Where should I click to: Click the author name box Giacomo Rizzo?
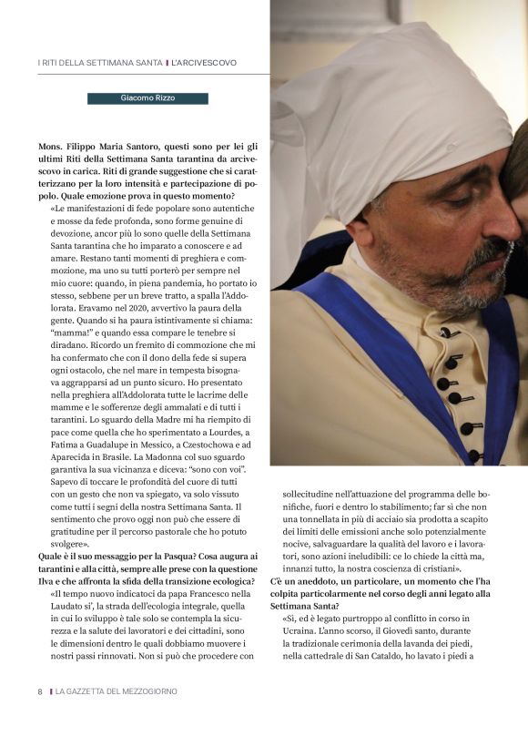[x=147, y=98]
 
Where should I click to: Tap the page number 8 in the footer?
[x=40, y=691]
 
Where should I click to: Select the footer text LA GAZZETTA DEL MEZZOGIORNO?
[x=116, y=691]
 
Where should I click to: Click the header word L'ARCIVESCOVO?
[x=204, y=63]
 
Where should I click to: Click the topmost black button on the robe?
[x=446, y=333]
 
